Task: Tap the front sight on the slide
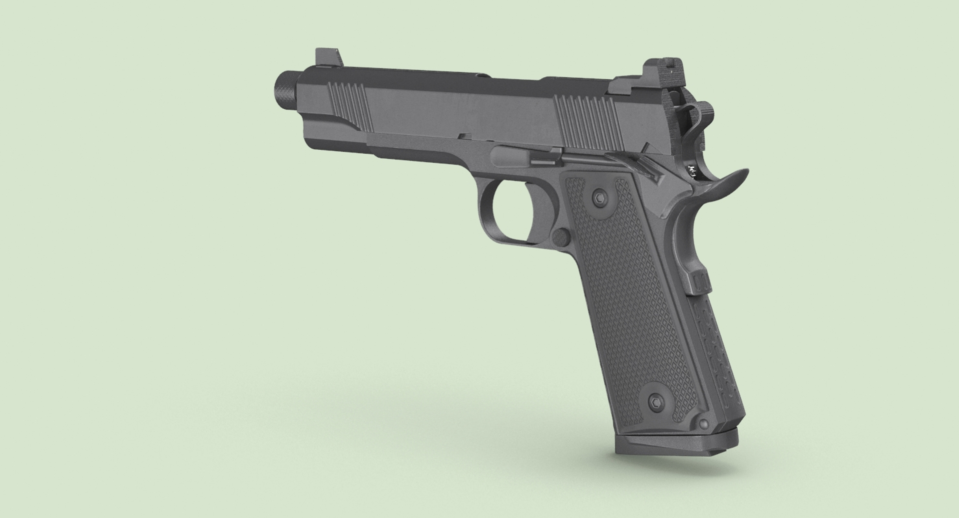[328, 58]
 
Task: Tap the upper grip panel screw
[598, 198]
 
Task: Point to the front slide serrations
[349, 102]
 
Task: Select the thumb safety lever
[634, 163]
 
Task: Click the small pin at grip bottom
[704, 424]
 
